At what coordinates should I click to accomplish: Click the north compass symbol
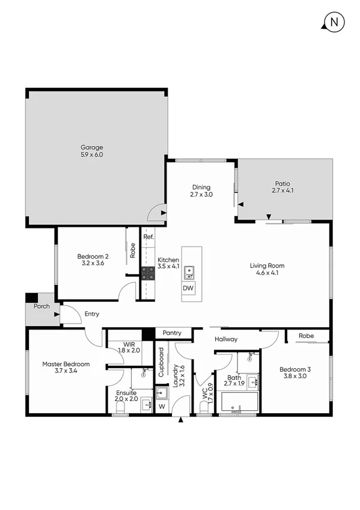click(x=333, y=23)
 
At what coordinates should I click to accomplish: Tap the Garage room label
click(x=92, y=151)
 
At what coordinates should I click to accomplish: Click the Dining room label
click(x=201, y=191)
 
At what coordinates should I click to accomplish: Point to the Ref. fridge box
click(x=148, y=237)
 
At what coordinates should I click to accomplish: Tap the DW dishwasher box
click(x=189, y=289)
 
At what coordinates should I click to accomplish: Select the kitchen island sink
click(x=189, y=272)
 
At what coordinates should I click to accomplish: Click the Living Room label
click(x=267, y=269)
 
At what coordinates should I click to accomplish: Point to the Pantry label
click(x=173, y=333)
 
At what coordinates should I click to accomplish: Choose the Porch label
click(x=41, y=306)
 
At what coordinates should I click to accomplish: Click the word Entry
click(x=92, y=314)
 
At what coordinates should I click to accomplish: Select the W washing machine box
click(x=160, y=407)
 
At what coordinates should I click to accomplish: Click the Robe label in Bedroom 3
click(x=307, y=336)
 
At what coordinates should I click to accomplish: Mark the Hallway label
click(x=226, y=339)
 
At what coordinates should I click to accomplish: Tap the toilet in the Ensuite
click(x=120, y=407)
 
